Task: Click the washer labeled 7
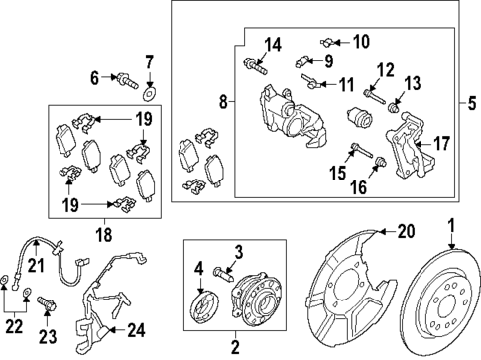149,94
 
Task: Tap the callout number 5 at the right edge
472,100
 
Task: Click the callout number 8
224,100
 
